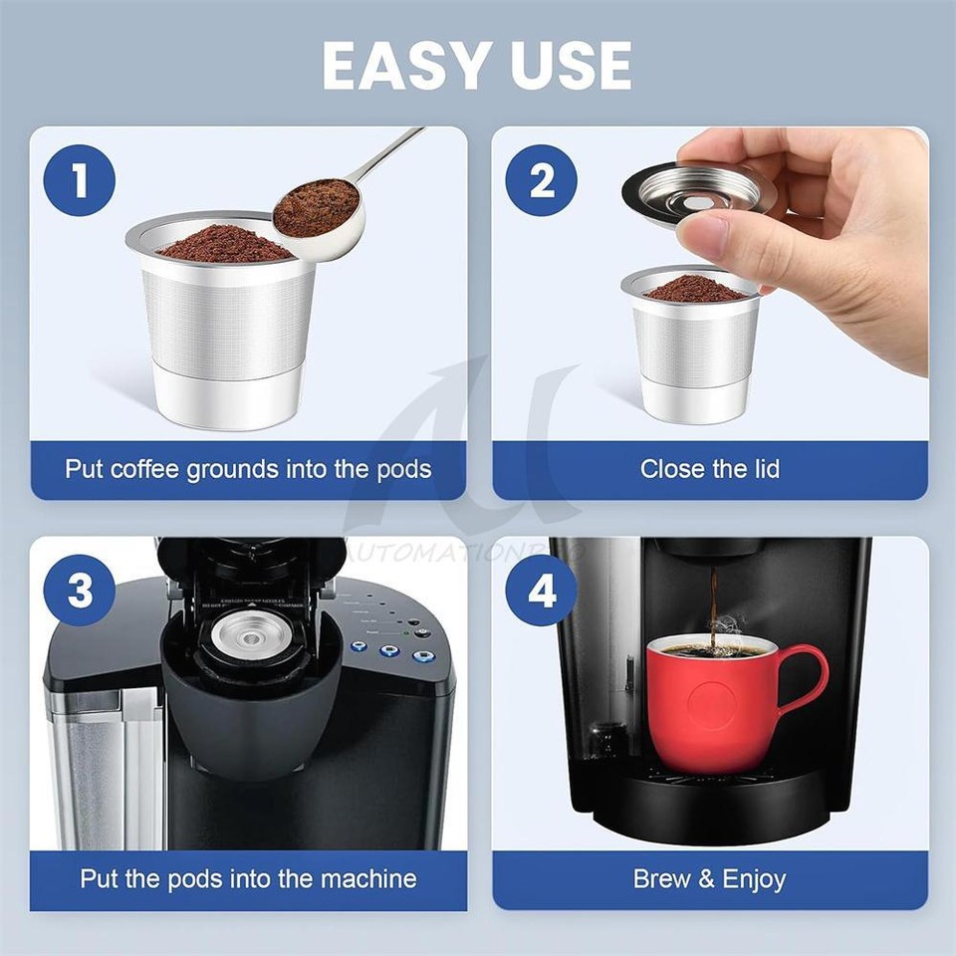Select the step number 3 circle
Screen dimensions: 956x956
pyautogui.click(x=80, y=591)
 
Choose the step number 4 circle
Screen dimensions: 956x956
pyautogui.click(x=542, y=591)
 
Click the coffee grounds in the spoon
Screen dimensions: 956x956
pyautogui.click(x=315, y=207)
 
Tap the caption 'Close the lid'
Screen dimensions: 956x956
pyautogui.click(x=710, y=469)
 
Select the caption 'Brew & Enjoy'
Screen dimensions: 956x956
pyautogui.click(x=710, y=879)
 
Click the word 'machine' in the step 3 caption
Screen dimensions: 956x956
pyautogui.click(x=367, y=879)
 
